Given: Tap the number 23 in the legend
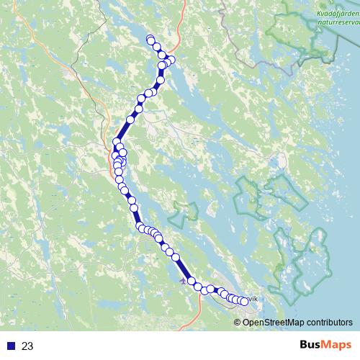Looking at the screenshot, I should (x=27, y=346).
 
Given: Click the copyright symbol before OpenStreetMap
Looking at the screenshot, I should (x=238, y=322).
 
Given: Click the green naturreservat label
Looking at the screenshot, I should (x=334, y=22).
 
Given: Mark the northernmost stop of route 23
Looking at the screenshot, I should (x=150, y=39).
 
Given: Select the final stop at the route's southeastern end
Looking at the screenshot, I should (x=243, y=301).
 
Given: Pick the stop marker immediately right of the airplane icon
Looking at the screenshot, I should (x=192, y=282).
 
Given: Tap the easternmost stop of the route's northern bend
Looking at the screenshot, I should (x=171, y=60).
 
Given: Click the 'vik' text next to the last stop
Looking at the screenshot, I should (x=252, y=297).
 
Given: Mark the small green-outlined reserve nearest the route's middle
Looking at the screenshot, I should (x=184, y=212).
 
